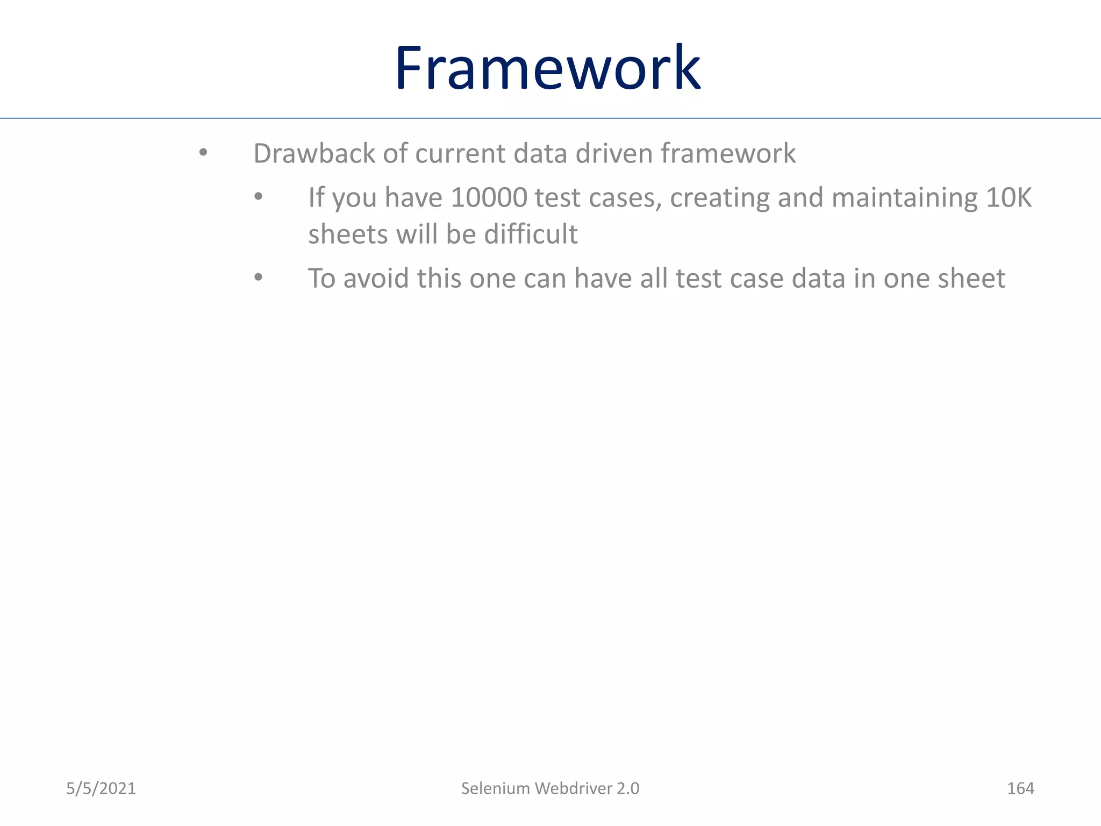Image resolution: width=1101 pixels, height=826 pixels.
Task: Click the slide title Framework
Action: pos(547,68)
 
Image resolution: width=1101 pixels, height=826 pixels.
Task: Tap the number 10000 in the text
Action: pos(489,197)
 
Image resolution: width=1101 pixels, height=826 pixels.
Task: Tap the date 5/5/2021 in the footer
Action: pos(101,788)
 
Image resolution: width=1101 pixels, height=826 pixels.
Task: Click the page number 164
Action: pos(1020,788)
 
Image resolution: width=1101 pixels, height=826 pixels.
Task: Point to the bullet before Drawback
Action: pos(203,153)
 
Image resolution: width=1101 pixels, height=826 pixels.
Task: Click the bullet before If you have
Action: pos(258,197)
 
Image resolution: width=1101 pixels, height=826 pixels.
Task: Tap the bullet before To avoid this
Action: pos(258,278)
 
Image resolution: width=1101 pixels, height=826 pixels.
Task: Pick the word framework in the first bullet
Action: pos(728,154)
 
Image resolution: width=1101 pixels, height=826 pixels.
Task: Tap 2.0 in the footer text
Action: pos(628,788)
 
